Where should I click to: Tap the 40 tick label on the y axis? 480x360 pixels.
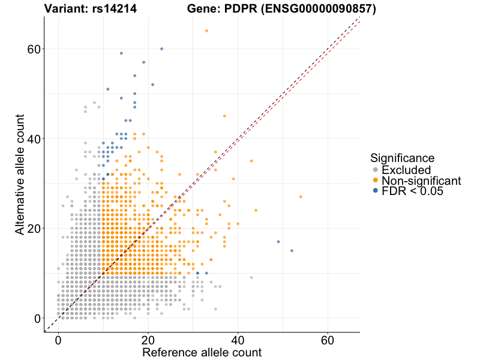click(x=34, y=139)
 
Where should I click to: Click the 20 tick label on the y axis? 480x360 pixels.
click(x=34, y=229)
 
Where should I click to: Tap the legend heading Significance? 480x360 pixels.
click(x=402, y=158)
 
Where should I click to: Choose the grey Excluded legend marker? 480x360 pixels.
click(x=376, y=170)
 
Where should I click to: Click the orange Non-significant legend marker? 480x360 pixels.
click(x=376, y=180)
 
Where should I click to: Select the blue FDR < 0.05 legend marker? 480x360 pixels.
click(x=376, y=191)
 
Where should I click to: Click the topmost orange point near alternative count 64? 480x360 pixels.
click(x=206, y=31)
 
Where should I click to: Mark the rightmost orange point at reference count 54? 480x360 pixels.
click(x=301, y=197)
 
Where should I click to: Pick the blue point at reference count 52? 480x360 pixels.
click(x=292, y=251)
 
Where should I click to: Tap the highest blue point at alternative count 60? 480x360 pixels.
click(x=161, y=49)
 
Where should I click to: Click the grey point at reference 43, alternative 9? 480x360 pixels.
click(x=251, y=278)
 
